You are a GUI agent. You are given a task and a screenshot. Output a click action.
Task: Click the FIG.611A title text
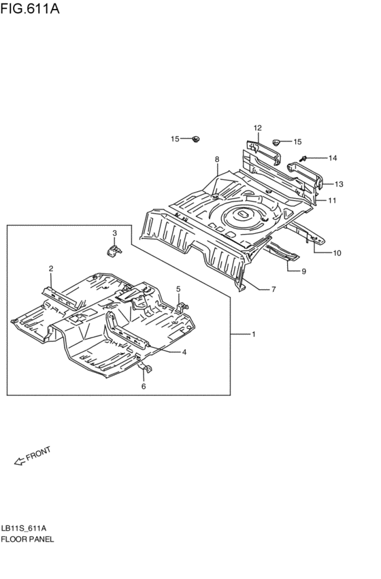coord(29,8)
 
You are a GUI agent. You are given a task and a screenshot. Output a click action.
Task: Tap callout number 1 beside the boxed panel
coord(254,334)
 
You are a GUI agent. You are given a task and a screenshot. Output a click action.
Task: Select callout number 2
coord(51,269)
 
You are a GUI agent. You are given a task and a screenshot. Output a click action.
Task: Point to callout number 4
coord(184,352)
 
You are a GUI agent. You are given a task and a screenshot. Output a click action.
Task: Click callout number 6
coord(144,386)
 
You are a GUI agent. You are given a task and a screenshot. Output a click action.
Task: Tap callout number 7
coord(274,290)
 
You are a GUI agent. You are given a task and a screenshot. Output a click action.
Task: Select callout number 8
coord(217,159)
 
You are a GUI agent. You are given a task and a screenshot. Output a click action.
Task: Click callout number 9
coord(304,271)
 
